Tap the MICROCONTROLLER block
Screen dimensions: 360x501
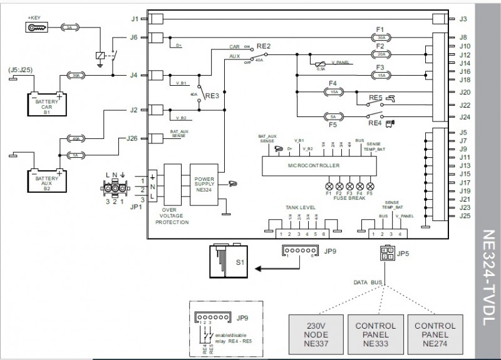click(313, 166)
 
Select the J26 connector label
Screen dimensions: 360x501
click(132, 138)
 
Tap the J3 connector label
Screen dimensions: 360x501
click(463, 19)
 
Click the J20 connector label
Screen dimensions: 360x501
click(465, 92)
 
